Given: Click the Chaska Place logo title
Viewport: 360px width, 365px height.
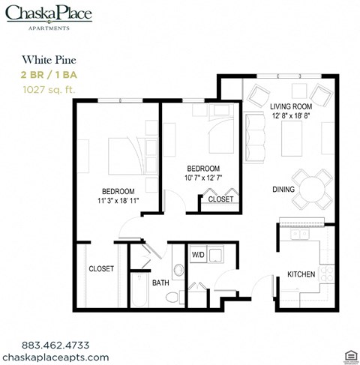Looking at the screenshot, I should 48,13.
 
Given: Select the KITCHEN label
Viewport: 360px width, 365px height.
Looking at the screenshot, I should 301,274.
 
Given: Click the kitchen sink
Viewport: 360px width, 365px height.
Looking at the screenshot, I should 299,235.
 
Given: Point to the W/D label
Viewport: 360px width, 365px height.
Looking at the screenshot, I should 198,255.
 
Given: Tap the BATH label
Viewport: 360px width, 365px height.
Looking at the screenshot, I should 160,283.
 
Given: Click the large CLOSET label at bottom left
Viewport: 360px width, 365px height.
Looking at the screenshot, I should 100,268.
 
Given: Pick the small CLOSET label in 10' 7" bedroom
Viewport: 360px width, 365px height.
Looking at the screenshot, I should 220,199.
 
